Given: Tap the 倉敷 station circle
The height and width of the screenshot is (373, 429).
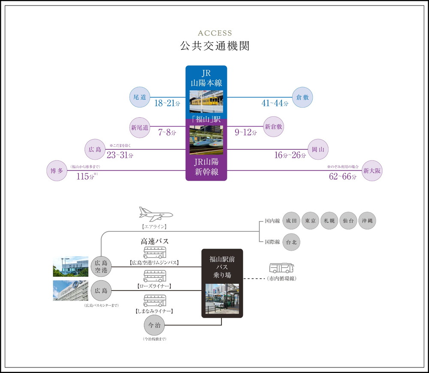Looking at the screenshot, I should click(x=302, y=97).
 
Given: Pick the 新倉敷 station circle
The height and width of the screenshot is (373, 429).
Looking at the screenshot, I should click(x=274, y=127).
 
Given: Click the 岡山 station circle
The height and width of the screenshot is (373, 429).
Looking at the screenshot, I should click(x=318, y=149).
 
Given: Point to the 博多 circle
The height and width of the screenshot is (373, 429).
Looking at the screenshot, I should click(x=57, y=171).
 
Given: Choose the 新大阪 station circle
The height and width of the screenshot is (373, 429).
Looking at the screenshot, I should click(x=372, y=171).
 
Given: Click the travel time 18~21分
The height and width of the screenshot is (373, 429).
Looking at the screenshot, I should click(x=167, y=103).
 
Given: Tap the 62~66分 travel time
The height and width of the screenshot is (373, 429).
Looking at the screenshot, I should click(x=342, y=176).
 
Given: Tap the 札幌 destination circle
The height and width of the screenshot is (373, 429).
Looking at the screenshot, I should click(x=329, y=221).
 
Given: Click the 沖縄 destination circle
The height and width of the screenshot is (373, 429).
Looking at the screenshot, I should click(x=367, y=221).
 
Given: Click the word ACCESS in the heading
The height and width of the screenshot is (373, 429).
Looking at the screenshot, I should click(x=214, y=33).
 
